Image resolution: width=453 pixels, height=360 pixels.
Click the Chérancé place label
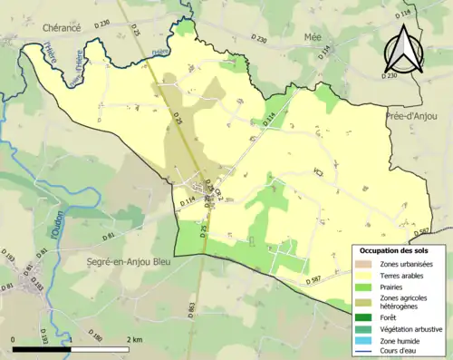pos(61,28)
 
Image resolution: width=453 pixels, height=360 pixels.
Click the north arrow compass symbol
pos(402,51)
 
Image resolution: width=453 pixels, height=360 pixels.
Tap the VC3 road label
pos(318,172)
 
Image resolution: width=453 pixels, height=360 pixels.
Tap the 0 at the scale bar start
pos(14,340)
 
